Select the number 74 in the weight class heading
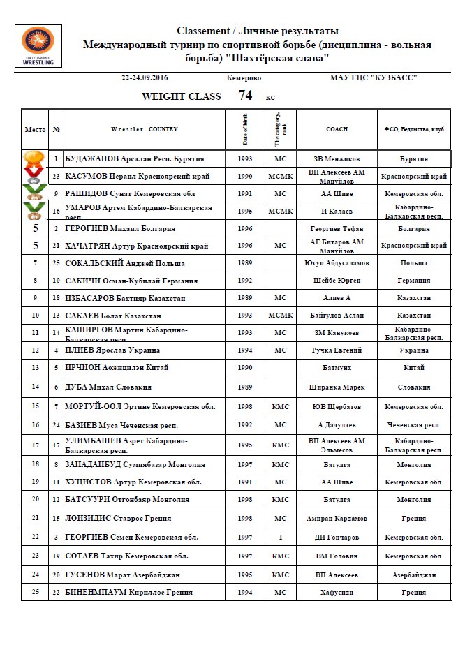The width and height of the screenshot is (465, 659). pyautogui.click(x=245, y=96)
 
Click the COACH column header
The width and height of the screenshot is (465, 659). pyautogui.click(x=337, y=129)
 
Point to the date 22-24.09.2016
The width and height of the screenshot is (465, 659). pyautogui.click(x=145, y=77)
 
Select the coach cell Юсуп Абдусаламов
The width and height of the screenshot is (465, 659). pyautogui.click(x=337, y=263)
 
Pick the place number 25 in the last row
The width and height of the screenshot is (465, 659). pyautogui.click(x=35, y=592)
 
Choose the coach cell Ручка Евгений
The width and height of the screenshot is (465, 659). pyautogui.click(x=337, y=350)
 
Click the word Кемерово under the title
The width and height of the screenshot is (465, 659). pyautogui.click(x=244, y=77)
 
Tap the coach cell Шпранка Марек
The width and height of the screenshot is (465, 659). pyautogui.click(x=337, y=387)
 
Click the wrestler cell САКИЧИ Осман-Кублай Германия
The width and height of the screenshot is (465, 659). pyautogui.click(x=132, y=281)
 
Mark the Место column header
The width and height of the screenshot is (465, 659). pyautogui.click(x=35, y=129)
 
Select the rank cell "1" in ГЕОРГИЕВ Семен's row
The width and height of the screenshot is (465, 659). pyautogui.click(x=281, y=537)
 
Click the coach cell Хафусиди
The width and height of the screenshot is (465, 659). pyautogui.click(x=337, y=592)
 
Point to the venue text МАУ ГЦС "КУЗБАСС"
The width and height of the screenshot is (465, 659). pyautogui.click(x=374, y=77)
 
